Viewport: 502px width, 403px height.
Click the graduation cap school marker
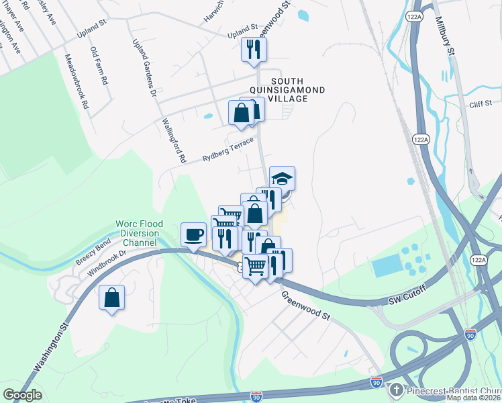coord(283,178)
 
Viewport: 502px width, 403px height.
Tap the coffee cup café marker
coord(194,234)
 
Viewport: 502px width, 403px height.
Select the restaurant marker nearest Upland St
coord(254,49)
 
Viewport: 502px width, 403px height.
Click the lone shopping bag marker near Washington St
coord(111,297)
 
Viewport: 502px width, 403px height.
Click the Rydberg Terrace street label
coord(228,151)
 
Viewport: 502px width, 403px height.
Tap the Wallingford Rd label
coord(174,142)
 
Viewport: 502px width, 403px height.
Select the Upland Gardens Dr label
coord(144,66)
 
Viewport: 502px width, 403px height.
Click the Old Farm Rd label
coord(99,65)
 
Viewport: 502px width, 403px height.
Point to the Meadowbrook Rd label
coord(75,82)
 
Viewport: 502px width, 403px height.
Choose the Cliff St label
coord(481,103)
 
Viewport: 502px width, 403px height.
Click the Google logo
coord(22,395)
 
